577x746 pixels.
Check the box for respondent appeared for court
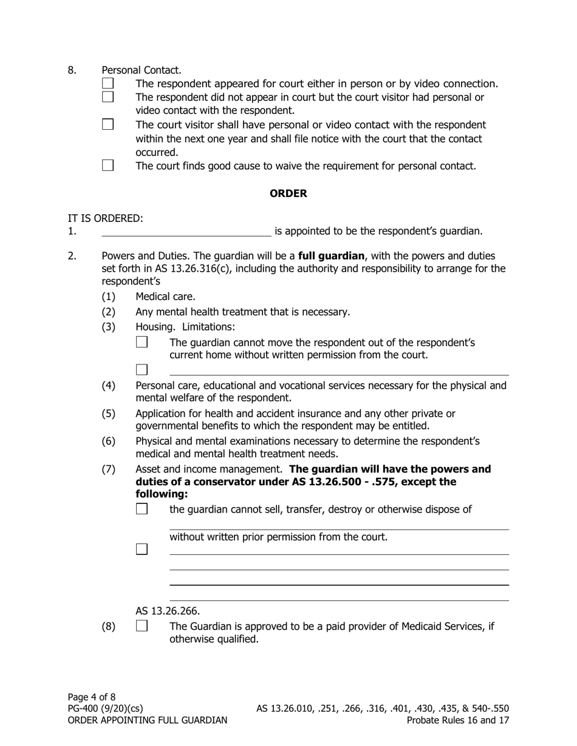pos(108,83)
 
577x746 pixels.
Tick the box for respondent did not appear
pos(108,96)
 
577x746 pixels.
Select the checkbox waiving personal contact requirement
pos(108,165)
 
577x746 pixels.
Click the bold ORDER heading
pos(288,193)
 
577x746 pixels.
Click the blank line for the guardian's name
pos(186,230)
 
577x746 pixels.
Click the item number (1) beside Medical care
pos(108,297)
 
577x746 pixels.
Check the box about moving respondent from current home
pos(142,342)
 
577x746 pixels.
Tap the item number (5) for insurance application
pos(108,414)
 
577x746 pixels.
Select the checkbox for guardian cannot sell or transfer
pos(142,509)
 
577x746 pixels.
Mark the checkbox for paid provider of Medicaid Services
pos(142,625)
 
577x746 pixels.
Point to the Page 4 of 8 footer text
pos(92,697)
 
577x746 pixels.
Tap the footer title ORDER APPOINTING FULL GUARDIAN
pos(148,721)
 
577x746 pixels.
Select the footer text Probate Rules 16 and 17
pos(458,721)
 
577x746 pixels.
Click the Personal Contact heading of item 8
pos(142,70)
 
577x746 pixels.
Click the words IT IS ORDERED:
pos(106,218)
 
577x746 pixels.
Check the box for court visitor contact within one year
pos(108,124)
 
